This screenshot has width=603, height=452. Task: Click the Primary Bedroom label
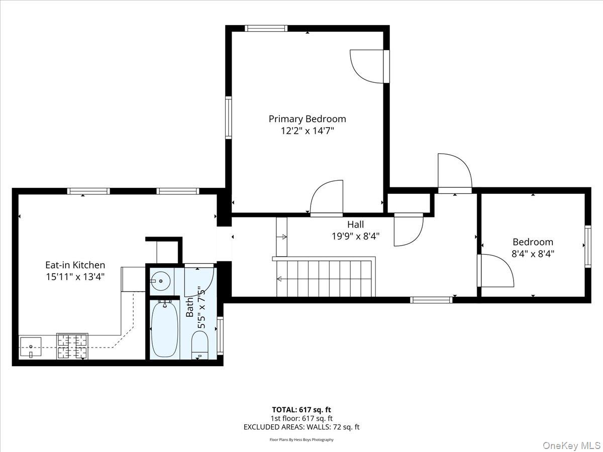[x=307, y=119]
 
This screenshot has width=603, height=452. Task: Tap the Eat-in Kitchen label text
[x=75, y=265]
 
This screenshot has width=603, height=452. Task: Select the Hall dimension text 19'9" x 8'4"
[x=355, y=236]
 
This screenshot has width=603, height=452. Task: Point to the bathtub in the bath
[x=164, y=329]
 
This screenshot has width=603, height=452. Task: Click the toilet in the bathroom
[x=199, y=345]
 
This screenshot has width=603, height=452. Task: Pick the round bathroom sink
[x=160, y=281]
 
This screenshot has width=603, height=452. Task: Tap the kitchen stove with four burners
[x=72, y=346]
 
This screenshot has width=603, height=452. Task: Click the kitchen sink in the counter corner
[x=31, y=347]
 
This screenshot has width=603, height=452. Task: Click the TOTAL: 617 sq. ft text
[x=301, y=410]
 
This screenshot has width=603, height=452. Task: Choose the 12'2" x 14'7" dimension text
[x=307, y=131]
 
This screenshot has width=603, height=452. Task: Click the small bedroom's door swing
[x=496, y=271]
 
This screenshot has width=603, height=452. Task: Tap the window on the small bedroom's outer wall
[x=587, y=246]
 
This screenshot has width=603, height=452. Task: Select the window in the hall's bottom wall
[x=431, y=300]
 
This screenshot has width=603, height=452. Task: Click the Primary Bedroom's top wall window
[x=266, y=28]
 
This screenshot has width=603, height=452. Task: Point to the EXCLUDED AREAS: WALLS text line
[x=301, y=427]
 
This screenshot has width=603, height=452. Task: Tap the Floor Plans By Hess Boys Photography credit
[x=301, y=439]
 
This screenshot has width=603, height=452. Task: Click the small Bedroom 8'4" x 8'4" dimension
[x=533, y=253]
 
